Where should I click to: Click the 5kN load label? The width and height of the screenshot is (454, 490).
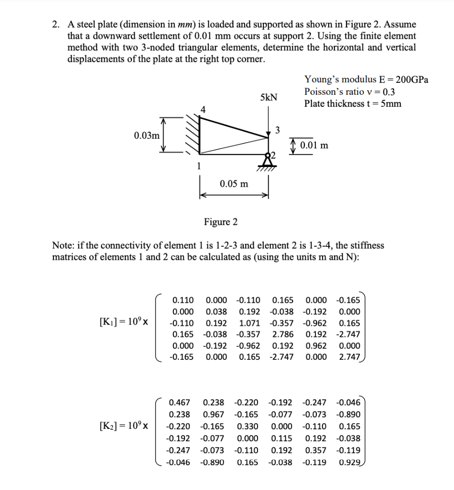point(269,97)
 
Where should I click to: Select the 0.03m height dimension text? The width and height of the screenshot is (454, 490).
point(147,135)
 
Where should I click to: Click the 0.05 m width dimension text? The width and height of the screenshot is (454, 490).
point(234,184)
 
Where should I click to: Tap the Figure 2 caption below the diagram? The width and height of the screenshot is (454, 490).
point(220,222)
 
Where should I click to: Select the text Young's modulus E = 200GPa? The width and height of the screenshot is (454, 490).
point(366,79)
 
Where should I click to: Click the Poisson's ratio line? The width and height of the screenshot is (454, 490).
point(349,91)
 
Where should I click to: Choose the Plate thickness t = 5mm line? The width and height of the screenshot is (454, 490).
point(353,103)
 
